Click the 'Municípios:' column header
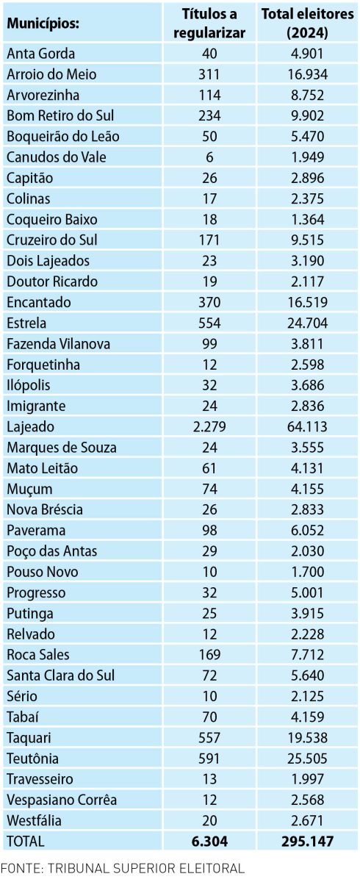(43, 24)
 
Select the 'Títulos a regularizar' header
(209, 24)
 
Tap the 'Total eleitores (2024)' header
(307, 24)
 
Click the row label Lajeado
(30, 427)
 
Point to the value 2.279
(209, 427)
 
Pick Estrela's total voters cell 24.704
(307, 323)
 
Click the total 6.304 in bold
(209, 842)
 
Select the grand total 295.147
(307, 842)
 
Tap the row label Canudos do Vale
(57, 157)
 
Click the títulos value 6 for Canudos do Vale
(209, 157)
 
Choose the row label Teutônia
(32, 759)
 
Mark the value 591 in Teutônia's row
(209, 759)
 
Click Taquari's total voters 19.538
(307, 738)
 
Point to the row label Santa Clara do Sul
(60, 675)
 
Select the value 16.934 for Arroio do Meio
(307, 74)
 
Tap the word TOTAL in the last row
(26, 842)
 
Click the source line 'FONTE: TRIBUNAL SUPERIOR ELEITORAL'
(123, 868)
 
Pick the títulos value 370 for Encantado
(209, 302)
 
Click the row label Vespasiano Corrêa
(62, 800)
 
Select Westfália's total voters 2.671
(307, 820)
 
